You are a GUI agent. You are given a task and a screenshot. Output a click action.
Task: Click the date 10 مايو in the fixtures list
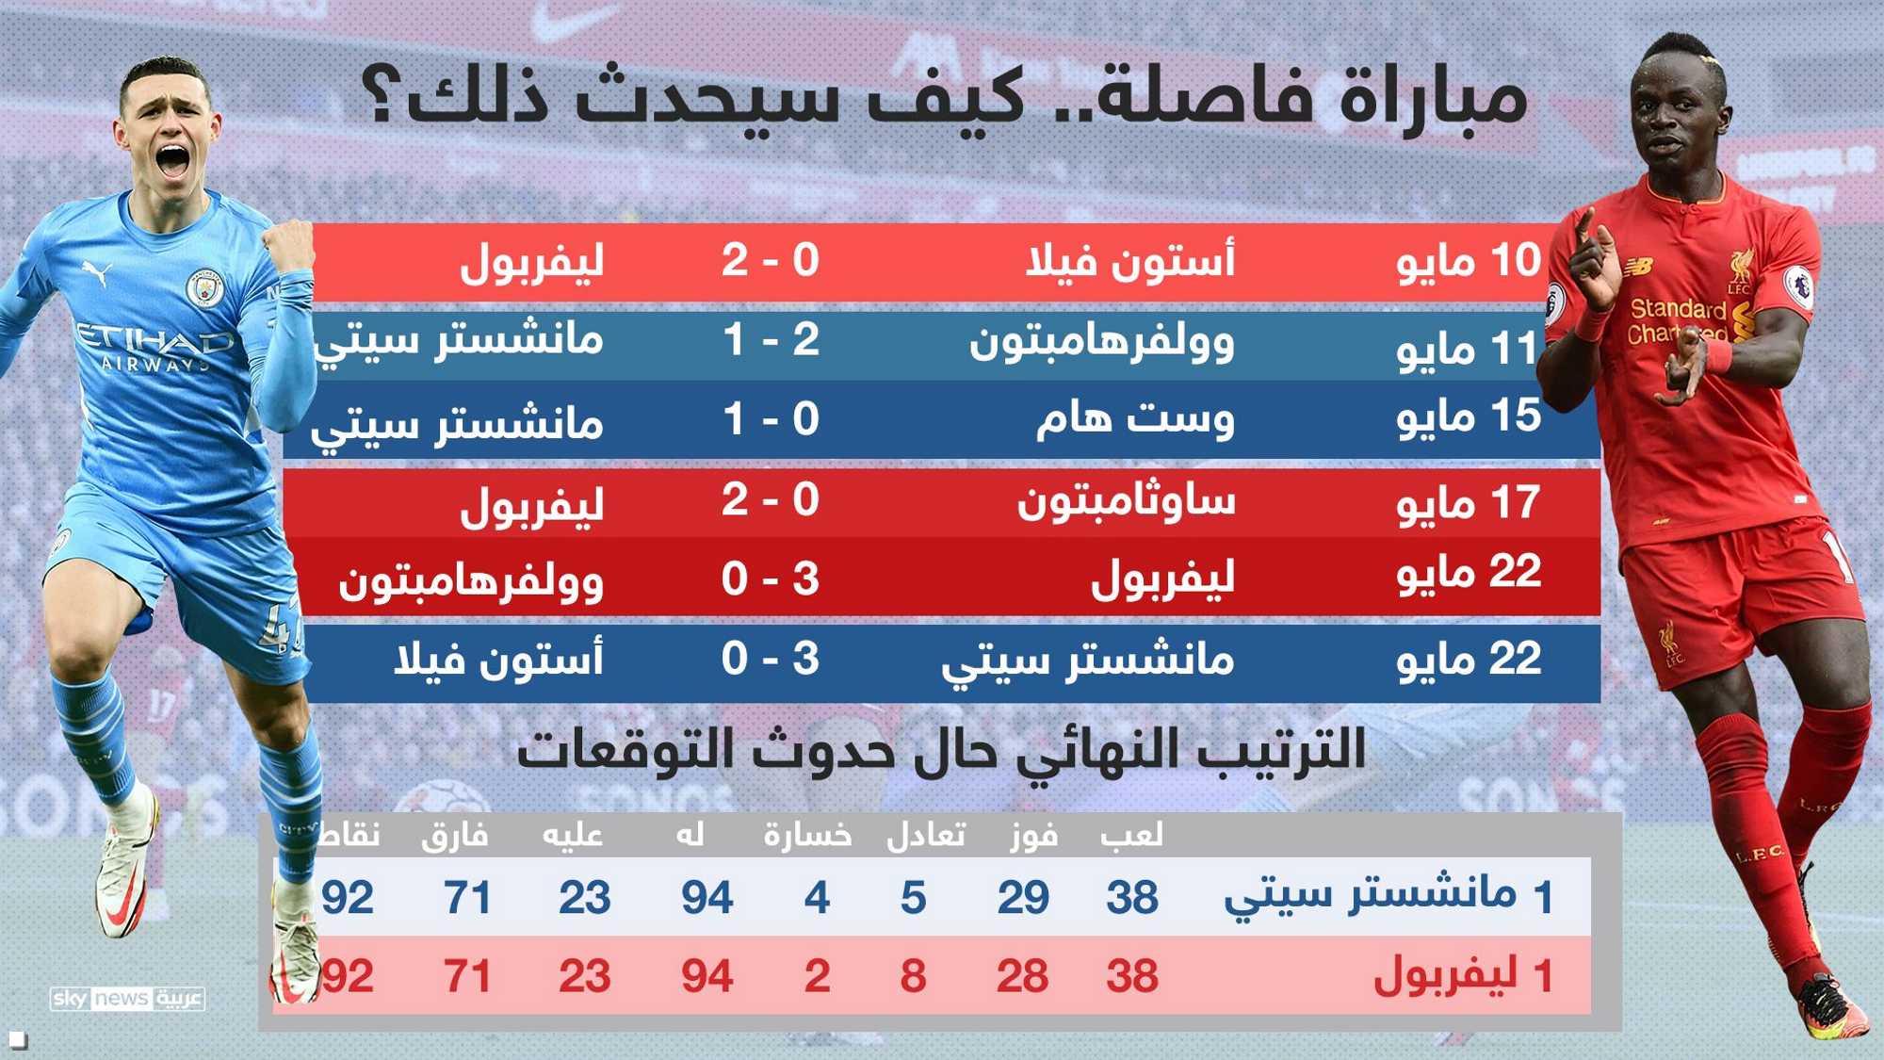[1469, 261]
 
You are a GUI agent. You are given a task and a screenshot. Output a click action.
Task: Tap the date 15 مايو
[1469, 417]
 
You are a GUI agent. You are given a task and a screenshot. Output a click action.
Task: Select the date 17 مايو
[1469, 502]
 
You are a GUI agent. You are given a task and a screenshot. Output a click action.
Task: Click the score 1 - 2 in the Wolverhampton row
[771, 339]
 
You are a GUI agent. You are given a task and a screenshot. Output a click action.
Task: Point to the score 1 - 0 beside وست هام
[771, 418]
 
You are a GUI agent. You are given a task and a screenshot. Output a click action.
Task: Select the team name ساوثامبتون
[1126, 500]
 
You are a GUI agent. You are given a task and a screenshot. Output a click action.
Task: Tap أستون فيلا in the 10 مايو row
[1130, 260]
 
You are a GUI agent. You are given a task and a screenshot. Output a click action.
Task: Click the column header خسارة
[807, 835]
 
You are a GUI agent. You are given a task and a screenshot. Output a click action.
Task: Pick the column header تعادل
[926, 835]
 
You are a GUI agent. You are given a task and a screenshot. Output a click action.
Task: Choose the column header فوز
[1033, 836]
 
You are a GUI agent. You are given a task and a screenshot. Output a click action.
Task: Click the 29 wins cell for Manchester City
[1023, 897]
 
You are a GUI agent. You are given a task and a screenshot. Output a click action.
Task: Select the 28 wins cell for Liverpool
[1023, 976]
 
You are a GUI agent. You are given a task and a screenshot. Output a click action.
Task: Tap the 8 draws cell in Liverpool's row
[913, 976]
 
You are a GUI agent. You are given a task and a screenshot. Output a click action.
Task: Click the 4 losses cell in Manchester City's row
[817, 897]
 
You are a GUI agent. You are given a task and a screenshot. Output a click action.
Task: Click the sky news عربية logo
[127, 999]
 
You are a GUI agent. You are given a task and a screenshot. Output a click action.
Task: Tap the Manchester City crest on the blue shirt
[203, 287]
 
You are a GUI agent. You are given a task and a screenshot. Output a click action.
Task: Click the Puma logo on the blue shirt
[98, 272]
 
